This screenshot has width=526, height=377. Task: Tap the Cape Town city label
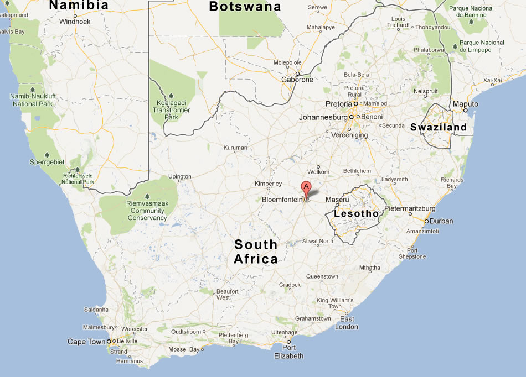(86, 342)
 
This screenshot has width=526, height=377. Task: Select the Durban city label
(441, 221)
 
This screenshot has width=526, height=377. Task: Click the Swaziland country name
(439, 127)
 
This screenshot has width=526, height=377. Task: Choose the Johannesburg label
(323, 117)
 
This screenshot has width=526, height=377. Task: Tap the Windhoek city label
(74, 22)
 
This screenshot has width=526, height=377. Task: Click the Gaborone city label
(297, 80)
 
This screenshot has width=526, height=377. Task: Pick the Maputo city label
(465, 104)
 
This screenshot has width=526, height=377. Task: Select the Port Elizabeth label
(288, 352)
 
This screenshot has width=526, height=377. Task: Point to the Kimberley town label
(268, 184)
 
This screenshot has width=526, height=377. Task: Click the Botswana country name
(245, 7)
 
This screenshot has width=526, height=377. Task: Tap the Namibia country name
(79, 6)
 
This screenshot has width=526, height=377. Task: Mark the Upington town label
(180, 177)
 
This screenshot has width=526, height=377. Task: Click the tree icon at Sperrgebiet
(47, 154)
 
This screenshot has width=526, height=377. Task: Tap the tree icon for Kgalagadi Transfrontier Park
(171, 96)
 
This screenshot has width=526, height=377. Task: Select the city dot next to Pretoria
(356, 104)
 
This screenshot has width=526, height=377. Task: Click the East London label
(347, 323)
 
